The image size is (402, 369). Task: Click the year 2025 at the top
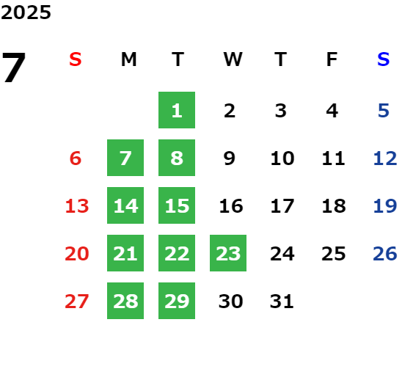point(26,12)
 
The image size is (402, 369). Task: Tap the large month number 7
point(14,67)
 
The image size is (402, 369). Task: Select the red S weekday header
point(76,59)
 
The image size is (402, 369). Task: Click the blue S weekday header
point(383,59)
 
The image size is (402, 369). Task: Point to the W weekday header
point(233,59)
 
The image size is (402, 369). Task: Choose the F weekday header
point(332,59)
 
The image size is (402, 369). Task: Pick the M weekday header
point(128,59)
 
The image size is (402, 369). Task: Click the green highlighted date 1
point(177,110)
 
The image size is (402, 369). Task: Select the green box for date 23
point(228,253)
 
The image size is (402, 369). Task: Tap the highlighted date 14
point(125,205)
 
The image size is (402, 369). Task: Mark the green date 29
point(177,301)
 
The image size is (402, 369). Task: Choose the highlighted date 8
point(177,158)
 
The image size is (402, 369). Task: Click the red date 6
point(76,158)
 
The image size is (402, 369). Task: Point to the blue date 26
point(385,254)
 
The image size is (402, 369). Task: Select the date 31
point(282,302)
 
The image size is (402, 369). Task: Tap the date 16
point(231,206)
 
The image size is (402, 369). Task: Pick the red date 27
point(76,302)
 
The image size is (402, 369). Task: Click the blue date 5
point(384,111)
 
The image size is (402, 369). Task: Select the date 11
point(333,158)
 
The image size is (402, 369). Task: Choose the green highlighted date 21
point(125,253)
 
